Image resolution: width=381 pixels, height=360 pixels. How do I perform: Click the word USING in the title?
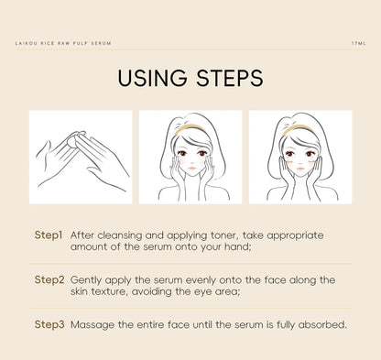(x=152, y=78)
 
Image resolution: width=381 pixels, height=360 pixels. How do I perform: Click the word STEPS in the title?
(x=230, y=78)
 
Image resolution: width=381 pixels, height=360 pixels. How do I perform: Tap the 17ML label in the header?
(x=358, y=43)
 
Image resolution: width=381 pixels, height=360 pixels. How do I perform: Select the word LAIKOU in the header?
(x=26, y=43)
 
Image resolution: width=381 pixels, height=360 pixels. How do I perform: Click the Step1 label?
(x=49, y=235)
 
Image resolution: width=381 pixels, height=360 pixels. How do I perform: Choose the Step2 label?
(x=49, y=280)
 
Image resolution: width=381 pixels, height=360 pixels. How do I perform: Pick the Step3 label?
(x=49, y=324)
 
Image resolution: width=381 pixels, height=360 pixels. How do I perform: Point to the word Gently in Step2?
(x=85, y=280)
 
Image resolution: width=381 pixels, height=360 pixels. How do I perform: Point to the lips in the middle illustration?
(x=192, y=169)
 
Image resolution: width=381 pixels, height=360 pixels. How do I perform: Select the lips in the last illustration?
(x=300, y=169)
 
